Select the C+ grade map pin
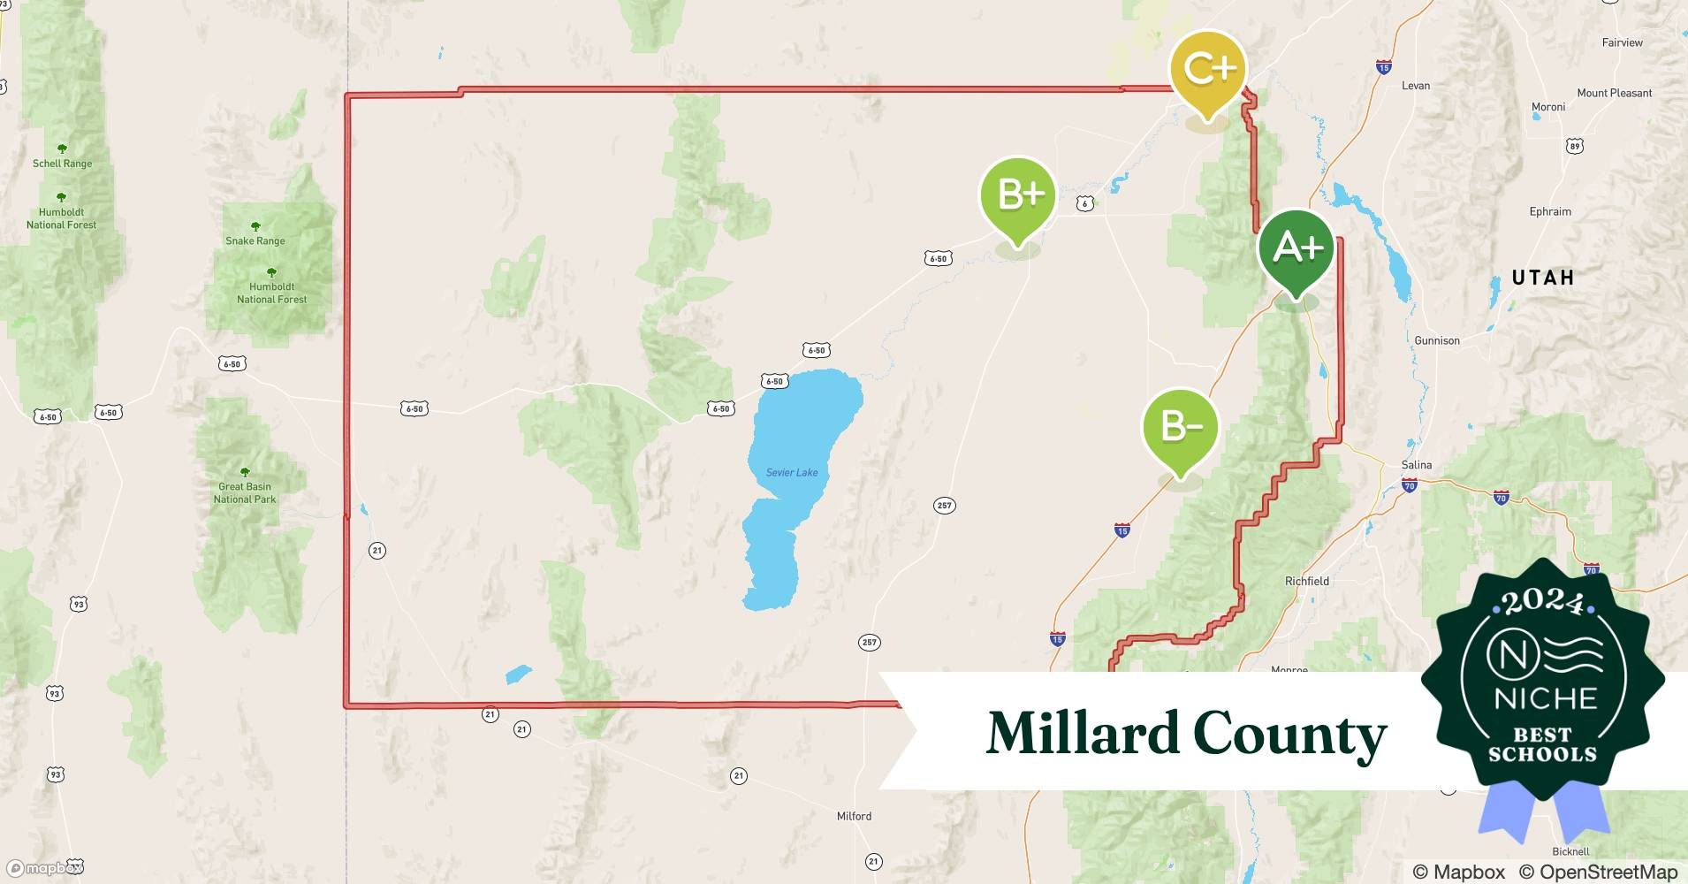click(x=1207, y=69)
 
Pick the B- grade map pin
click(x=1180, y=428)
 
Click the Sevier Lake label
click(x=792, y=473)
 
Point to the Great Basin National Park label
click(x=245, y=492)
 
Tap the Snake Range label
click(x=255, y=240)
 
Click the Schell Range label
click(x=62, y=164)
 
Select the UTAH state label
click(x=1543, y=278)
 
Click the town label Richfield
click(x=1306, y=581)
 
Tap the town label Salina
click(x=1416, y=465)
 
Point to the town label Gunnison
click(x=1437, y=340)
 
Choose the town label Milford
click(x=854, y=816)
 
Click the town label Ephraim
click(x=1550, y=211)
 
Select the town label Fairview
click(x=1622, y=42)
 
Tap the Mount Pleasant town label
click(x=1614, y=93)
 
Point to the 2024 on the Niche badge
click(x=1543, y=602)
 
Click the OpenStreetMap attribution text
click(x=1598, y=872)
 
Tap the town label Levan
click(x=1416, y=86)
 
